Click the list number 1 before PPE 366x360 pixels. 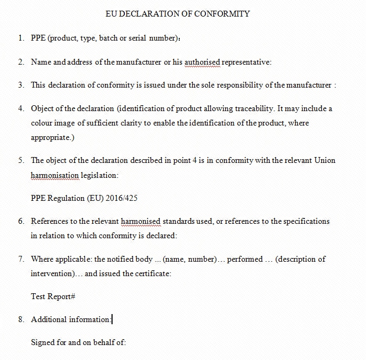coord(20,38)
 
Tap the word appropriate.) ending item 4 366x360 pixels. coord(52,137)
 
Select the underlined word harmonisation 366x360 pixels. coord(54,175)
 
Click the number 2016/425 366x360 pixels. coord(122,198)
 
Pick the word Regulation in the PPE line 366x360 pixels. coord(66,198)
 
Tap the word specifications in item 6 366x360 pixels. coord(306,221)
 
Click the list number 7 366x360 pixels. coord(20,259)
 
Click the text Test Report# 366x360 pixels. coord(53,296)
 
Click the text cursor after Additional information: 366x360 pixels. coord(112,319)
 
